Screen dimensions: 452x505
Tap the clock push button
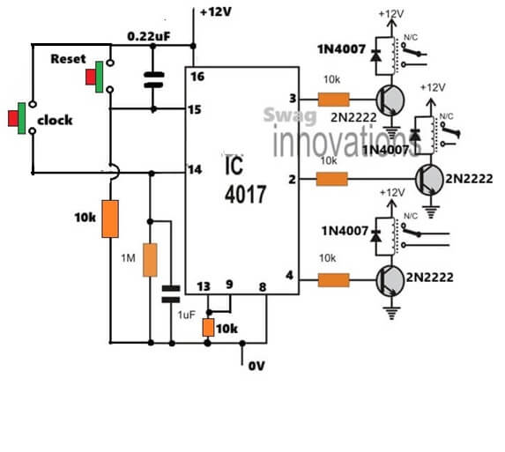pyautogui.click(x=21, y=118)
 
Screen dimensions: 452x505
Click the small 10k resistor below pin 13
pyautogui.click(x=210, y=328)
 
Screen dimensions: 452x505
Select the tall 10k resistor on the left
pyautogui.click(x=109, y=219)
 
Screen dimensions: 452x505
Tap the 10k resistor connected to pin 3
pyautogui.click(x=332, y=100)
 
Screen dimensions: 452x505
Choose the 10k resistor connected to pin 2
pyautogui.click(x=332, y=179)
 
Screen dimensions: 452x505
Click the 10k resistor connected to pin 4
pyautogui.click(x=332, y=279)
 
